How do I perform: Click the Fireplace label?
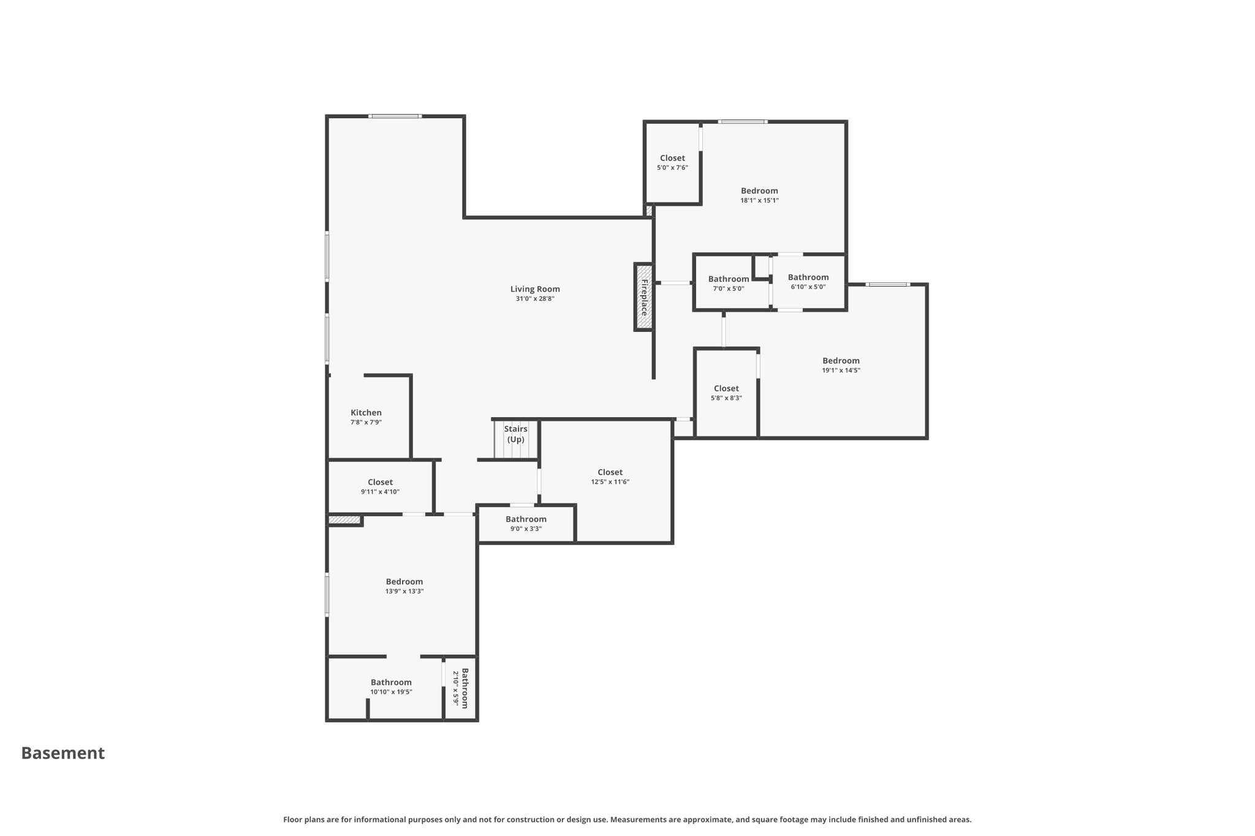[644, 298]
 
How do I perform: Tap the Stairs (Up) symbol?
[515, 439]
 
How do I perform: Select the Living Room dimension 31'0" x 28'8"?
[535, 299]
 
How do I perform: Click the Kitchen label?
[366, 413]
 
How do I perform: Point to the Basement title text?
[63, 753]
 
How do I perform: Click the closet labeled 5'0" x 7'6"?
[672, 162]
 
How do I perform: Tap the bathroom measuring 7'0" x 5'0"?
[729, 283]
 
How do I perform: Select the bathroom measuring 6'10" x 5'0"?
[808, 282]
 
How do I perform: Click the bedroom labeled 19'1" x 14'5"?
[841, 365]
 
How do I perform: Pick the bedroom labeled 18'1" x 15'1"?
[759, 195]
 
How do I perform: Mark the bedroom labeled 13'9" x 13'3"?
[404, 586]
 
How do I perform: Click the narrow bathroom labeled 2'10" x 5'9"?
[461, 688]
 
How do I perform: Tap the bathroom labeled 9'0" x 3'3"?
[526, 524]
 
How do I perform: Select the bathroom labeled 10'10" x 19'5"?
[391, 687]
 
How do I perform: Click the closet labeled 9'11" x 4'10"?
[380, 486]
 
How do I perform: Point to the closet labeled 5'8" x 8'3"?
[726, 393]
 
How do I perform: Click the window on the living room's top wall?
[395, 116]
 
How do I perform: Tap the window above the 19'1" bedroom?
[888, 284]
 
